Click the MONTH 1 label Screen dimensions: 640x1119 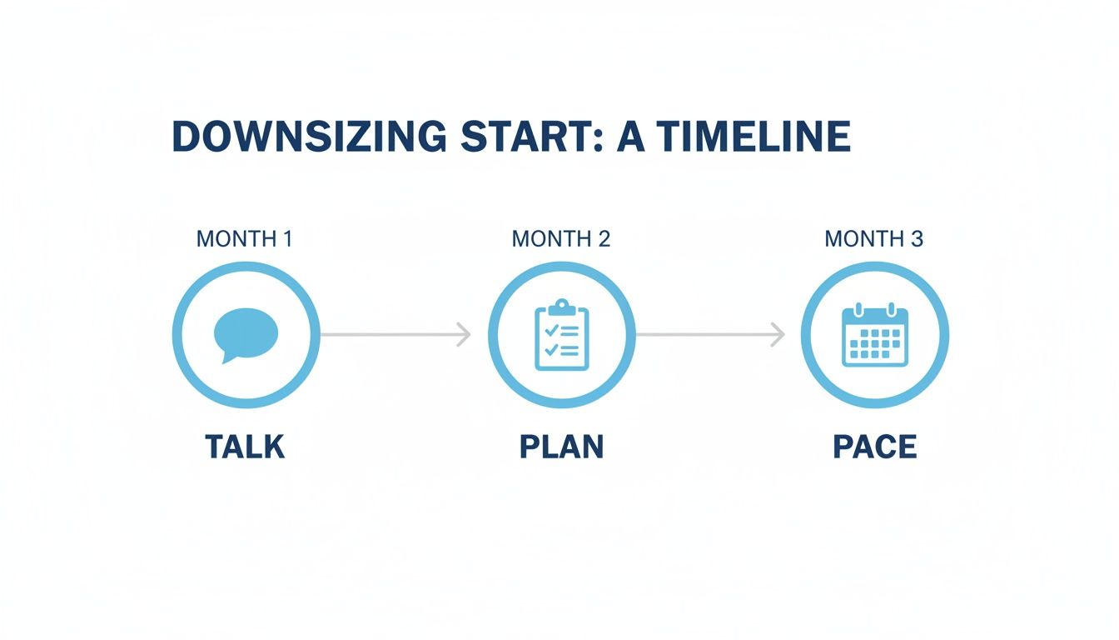point(244,239)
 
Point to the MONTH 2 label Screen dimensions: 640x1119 point(561,239)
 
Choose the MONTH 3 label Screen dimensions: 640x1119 point(873,239)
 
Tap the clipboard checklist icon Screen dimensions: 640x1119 point(561,334)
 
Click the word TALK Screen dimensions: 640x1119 point(245,447)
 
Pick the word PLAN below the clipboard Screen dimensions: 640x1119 point(561,447)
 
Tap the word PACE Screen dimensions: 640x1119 point(875,447)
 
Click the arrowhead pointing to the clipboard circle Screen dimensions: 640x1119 point(465,335)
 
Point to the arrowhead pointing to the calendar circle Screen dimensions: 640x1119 point(778,335)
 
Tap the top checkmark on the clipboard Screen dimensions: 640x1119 point(550,331)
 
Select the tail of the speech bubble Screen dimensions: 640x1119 point(226,358)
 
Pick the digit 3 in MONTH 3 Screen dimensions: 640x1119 point(917,239)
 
